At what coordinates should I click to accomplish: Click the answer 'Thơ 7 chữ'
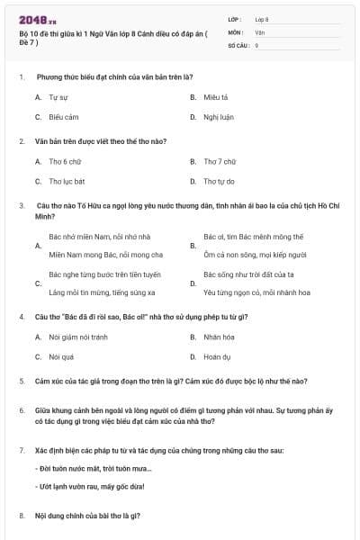220,161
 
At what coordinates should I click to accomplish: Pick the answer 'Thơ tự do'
219,181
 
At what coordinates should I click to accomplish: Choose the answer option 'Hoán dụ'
217,356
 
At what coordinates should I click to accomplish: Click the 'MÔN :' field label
237,31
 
